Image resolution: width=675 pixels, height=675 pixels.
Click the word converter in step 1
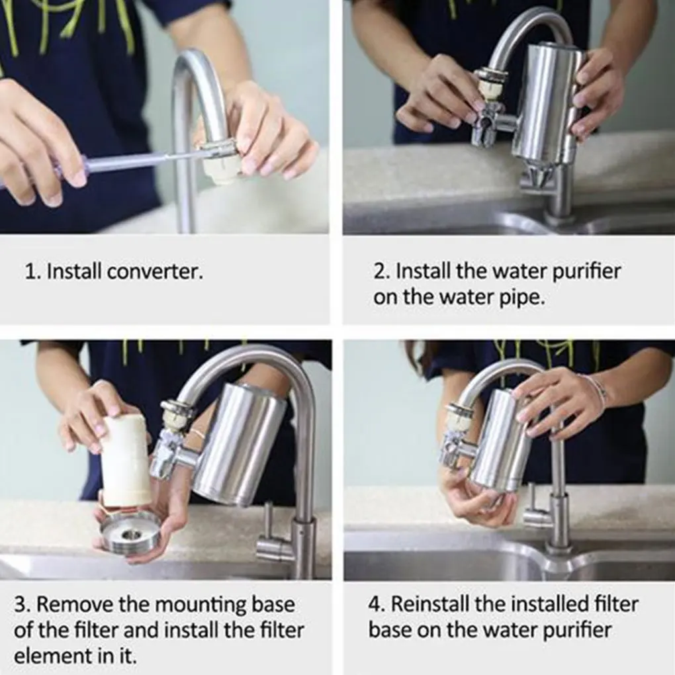point(159,272)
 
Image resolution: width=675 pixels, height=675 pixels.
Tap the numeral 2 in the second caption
point(380,272)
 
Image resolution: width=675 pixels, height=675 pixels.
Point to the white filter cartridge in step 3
point(126,461)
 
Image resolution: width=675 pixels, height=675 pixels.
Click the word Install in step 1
point(73,272)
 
